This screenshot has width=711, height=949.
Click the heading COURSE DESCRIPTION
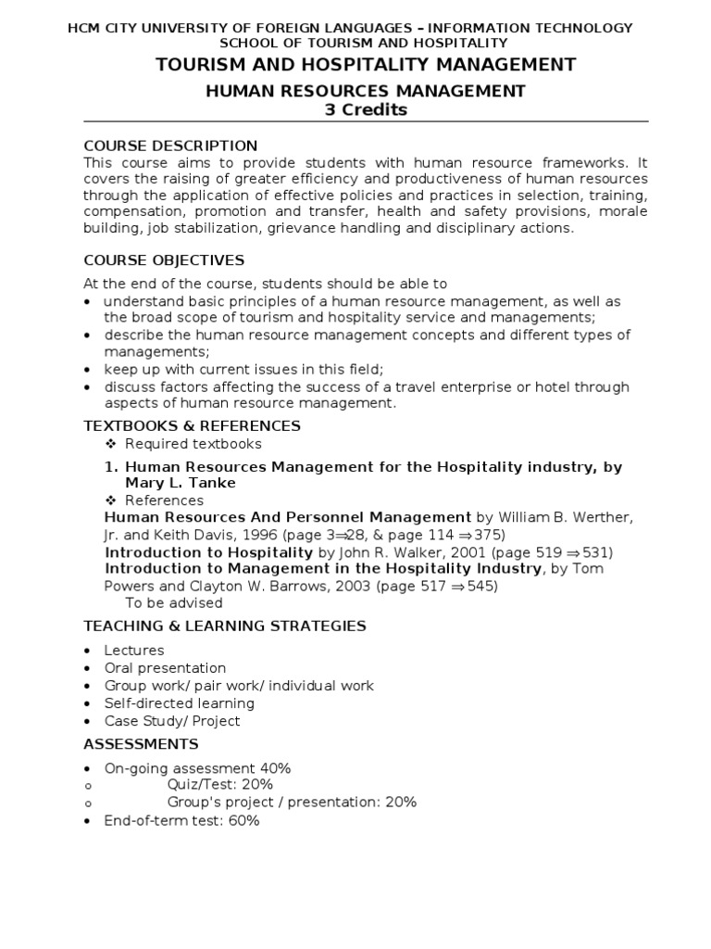[x=170, y=146]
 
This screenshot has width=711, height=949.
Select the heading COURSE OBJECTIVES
[x=164, y=259]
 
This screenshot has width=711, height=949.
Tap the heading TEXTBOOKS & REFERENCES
[x=192, y=425]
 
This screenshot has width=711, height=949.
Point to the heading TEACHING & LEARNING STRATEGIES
[x=225, y=626]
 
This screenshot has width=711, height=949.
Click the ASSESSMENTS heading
[x=141, y=743]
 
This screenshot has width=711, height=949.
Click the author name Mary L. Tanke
[x=181, y=483]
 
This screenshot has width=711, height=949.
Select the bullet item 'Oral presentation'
[x=165, y=668]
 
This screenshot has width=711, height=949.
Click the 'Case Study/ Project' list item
[x=171, y=721]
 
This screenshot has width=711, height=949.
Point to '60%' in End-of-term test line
[x=244, y=820]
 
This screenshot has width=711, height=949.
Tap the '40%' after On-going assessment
[x=275, y=767]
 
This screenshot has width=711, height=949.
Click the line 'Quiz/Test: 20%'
[x=219, y=784]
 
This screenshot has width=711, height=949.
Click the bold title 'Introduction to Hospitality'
[x=209, y=552]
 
